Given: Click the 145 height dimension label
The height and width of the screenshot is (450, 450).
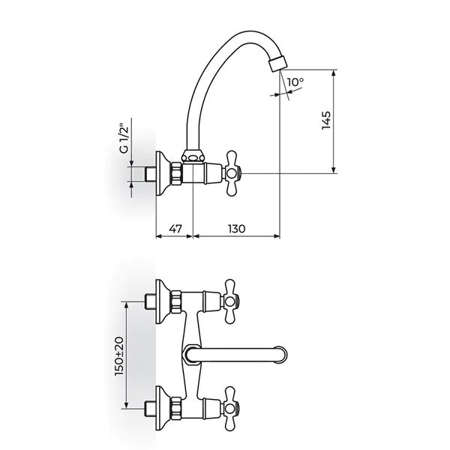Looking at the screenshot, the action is pos(326,120).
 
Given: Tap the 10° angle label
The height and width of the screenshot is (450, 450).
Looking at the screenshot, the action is pos(295,82).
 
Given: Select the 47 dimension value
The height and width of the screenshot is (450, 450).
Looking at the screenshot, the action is pos(175,229).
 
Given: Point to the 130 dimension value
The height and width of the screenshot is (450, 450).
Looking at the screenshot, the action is pos(237,229).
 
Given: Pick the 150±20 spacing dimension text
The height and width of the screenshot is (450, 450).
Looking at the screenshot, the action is pos(119,355).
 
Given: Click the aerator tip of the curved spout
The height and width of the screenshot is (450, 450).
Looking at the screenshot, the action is pos(277,63).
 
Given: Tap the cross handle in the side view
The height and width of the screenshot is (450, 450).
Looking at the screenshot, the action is pos(232,173).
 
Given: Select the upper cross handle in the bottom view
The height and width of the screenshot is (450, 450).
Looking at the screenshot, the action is pos(231,301).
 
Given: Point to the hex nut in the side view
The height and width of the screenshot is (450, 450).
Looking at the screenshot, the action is pos(176,173).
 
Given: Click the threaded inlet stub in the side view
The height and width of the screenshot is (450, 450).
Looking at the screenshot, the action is pos(150,173).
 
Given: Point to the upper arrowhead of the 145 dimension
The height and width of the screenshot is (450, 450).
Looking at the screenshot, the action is pos(334,73).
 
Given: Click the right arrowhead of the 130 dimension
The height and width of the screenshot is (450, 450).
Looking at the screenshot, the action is pos(276,236).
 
